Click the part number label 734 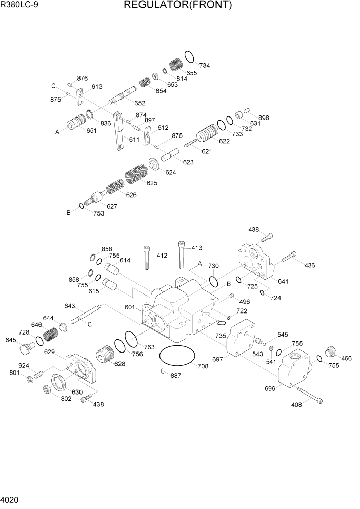pyautogui.click(x=204, y=66)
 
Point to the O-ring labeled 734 pyautogui.click(x=189, y=55)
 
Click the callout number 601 pyautogui.click(x=129, y=307)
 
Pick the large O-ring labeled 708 pyautogui.click(x=178, y=356)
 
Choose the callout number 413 pyautogui.click(x=196, y=248)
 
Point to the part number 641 pyautogui.click(x=283, y=281)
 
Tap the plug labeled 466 pyautogui.click(x=330, y=353)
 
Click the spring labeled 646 pyautogui.click(x=50, y=337)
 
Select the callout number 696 pyautogui.click(x=270, y=388)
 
